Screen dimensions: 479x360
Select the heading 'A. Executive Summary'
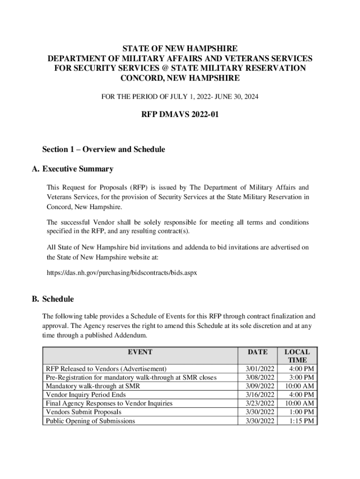pos(78,169)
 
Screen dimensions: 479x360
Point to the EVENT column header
pos(141,352)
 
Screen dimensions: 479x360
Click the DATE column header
pos(258,352)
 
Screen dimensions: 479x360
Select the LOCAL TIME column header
pos(297,356)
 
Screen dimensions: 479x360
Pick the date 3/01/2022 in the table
pos(260,369)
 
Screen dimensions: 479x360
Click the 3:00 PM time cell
pos(302,377)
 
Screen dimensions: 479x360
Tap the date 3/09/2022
pos(260,386)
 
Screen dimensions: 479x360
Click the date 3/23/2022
pos(260,403)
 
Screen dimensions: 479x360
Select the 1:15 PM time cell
pos(302,421)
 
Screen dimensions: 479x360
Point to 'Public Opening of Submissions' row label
pos(90,421)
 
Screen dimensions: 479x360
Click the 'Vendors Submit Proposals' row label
pos(83,412)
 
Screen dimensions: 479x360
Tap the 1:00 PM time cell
pos(302,412)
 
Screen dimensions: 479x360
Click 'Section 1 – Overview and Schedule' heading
pos(103,150)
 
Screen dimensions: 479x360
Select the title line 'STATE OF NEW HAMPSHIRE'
pos(180,49)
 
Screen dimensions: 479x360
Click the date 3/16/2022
pos(260,395)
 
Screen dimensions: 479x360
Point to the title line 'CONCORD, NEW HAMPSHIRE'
pos(180,78)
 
